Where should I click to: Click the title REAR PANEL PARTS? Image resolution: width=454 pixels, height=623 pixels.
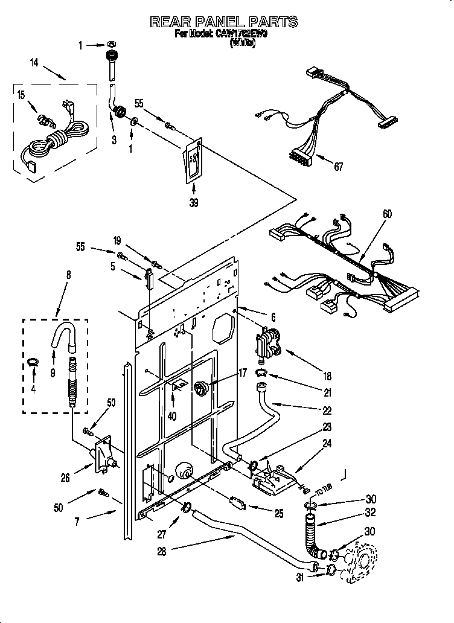click(x=224, y=22)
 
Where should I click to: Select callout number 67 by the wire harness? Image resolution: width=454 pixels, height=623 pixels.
click(x=338, y=167)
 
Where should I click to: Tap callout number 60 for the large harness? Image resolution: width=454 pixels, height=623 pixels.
click(x=386, y=212)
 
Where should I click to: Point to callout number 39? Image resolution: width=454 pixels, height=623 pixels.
click(x=194, y=203)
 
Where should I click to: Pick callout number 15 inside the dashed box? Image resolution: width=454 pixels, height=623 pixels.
click(x=21, y=95)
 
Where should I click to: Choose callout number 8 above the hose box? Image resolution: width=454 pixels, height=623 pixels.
click(x=68, y=275)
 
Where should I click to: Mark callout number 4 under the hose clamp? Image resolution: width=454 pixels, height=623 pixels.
click(x=33, y=389)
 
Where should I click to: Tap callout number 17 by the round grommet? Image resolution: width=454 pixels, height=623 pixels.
click(x=242, y=373)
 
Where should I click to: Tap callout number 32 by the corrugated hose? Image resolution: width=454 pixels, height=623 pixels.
click(x=371, y=514)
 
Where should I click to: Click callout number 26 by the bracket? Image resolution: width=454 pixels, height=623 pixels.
click(x=65, y=478)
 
